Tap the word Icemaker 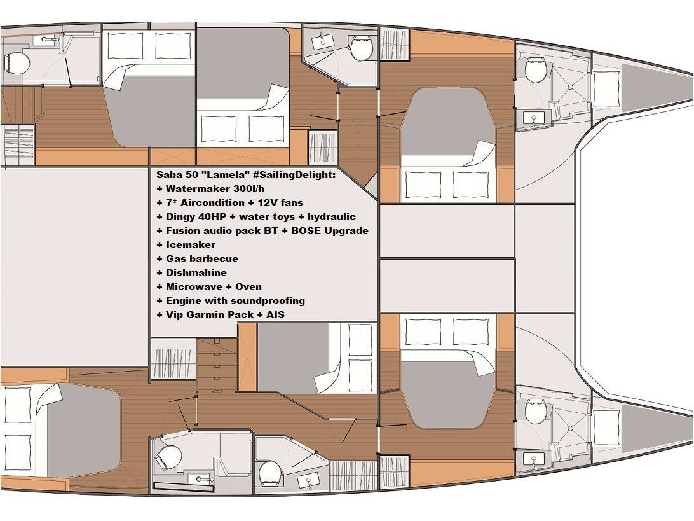coord(190,245)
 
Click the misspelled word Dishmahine coord(196,273)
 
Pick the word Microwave coord(192,287)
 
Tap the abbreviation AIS coord(276,315)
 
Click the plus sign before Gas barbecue coord(160,259)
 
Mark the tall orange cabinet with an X coord(247,357)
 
